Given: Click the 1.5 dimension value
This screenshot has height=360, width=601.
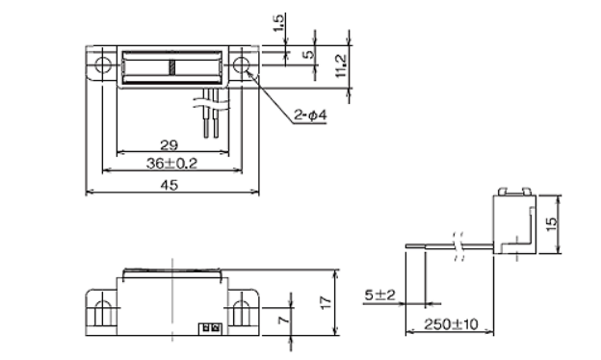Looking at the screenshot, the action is [x=280, y=23].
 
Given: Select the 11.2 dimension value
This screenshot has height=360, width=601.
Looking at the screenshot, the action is [x=341, y=65].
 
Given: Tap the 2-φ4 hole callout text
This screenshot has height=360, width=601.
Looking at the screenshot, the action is [x=310, y=115].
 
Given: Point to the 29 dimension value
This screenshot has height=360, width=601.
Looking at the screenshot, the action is [x=170, y=145].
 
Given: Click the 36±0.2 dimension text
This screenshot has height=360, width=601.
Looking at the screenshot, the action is [x=171, y=164].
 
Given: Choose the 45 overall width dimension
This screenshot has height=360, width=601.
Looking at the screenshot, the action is [x=170, y=185].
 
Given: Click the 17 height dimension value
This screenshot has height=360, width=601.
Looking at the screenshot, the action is [x=326, y=302].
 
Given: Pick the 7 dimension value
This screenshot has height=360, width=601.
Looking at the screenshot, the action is [x=284, y=319].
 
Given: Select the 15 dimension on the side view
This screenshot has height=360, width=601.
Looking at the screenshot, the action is [x=551, y=223].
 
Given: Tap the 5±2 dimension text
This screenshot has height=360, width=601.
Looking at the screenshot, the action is [x=379, y=296].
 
